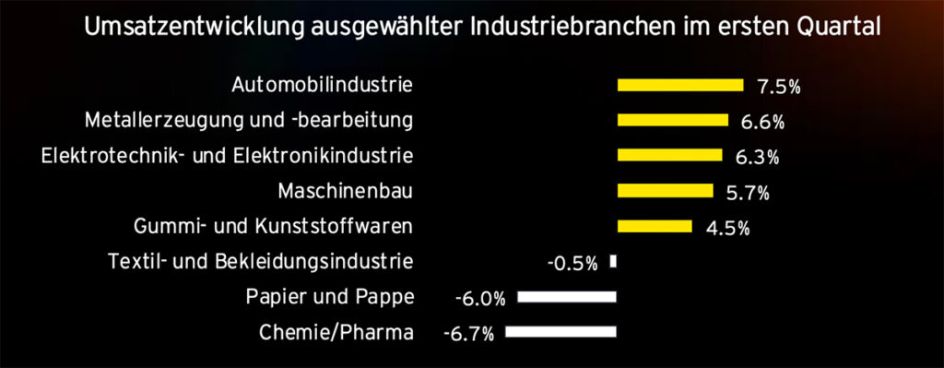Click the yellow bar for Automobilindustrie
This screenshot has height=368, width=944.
pyautogui.click(x=680, y=85)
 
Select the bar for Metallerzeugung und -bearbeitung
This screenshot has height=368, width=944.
pyautogui.click(x=673, y=120)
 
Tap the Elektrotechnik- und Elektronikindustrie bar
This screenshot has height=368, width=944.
pyautogui.click(x=670, y=155)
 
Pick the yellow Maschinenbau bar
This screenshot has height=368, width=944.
pyautogui.click(x=666, y=191)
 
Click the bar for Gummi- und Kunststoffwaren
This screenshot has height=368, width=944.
pyautogui.click(x=655, y=226)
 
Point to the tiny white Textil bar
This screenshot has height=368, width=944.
pyautogui.click(x=613, y=261)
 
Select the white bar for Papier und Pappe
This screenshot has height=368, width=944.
pyautogui.click(x=567, y=296)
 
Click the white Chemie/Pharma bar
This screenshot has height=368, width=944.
pyautogui.click(x=561, y=332)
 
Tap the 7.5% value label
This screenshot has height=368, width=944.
pyautogui.click(x=779, y=88)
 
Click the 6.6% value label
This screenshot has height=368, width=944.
pyautogui.click(x=762, y=123)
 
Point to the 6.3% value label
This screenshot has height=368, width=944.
pyautogui.click(x=758, y=158)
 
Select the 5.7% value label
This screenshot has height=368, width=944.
pyautogui.click(x=748, y=194)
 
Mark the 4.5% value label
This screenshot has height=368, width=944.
pyautogui.click(x=728, y=229)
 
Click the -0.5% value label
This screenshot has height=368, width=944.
pyautogui.click(x=573, y=264)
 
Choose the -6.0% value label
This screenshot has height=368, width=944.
pyautogui.click(x=480, y=300)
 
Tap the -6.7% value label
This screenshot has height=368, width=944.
pyautogui.click(x=468, y=334)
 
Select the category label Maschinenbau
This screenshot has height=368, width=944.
pyautogui.click(x=346, y=191)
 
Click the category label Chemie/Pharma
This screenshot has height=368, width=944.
pyautogui.click(x=336, y=332)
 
